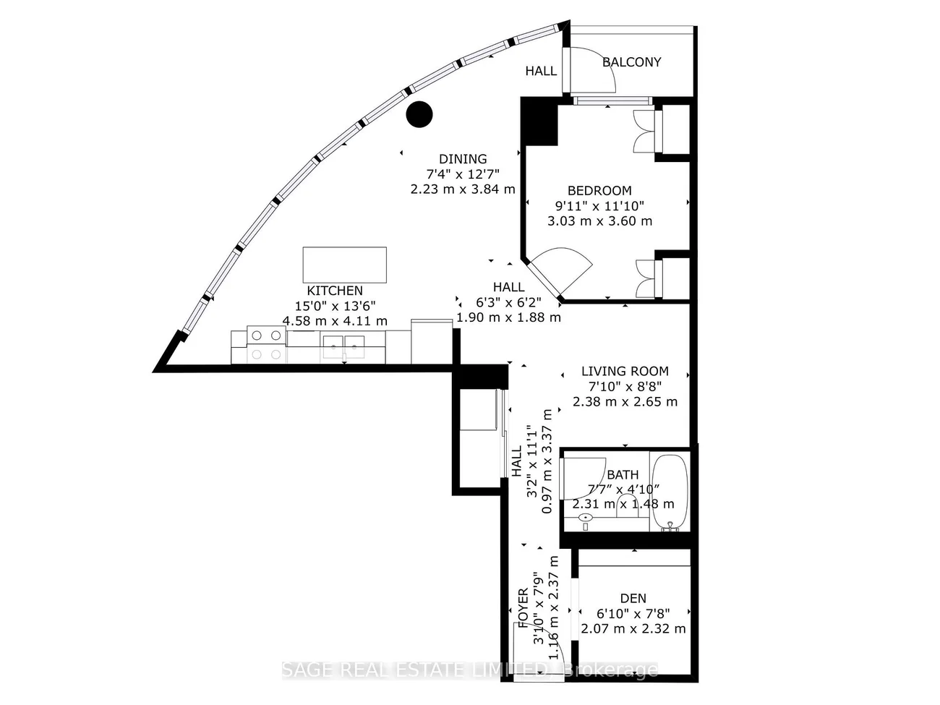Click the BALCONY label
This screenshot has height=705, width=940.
[x=631, y=62]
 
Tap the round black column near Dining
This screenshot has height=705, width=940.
[x=419, y=114]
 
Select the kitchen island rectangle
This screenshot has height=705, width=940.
[x=344, y=265]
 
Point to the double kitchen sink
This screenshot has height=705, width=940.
[x=343, y=347]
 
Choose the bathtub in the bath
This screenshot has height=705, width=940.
[x=670, y=492]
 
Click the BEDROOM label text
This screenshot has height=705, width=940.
[x=599, y=190]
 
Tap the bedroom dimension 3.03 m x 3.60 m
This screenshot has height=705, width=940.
[x=599, y=221]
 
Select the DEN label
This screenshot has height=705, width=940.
[x=633, y=598]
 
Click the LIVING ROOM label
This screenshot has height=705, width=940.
[x=625, y=371]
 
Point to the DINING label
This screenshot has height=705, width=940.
[x=463, y=159]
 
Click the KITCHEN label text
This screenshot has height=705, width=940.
[x=335, y=291]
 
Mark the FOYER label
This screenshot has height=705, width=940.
[x=524, y=608]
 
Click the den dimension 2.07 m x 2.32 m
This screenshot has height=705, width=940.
[x=633, y=629]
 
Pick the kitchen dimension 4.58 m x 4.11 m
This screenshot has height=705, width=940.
[x=335, y=320]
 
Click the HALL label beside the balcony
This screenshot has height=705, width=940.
[x=542, y=71]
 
